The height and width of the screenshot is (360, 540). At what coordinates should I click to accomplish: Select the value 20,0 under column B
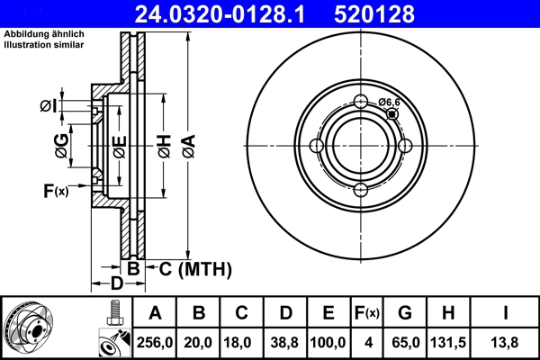(x=199, y=342)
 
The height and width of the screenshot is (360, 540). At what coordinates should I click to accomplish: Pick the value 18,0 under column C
(x=242, y=342)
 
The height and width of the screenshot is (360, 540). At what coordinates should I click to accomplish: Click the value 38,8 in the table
(x=285, y=342)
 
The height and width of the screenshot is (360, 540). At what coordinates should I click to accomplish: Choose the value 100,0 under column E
(x=328, y=342)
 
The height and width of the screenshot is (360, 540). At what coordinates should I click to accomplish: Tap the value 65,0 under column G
(x=404, y=342)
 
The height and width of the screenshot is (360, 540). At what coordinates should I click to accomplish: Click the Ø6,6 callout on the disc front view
(x=389, y=103)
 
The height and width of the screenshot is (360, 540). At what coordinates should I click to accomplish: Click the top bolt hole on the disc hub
(x=361, y=102)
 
